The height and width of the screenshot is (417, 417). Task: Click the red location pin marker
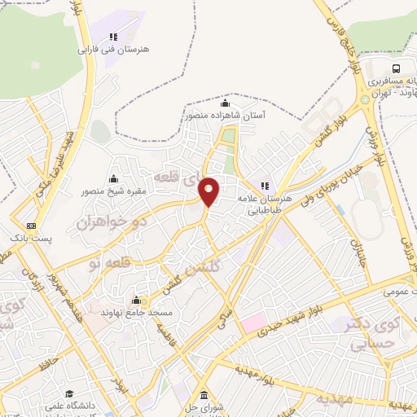point(209,191)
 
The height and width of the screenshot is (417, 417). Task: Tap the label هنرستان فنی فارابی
point(114,50)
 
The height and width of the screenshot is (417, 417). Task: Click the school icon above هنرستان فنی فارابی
point(114,36)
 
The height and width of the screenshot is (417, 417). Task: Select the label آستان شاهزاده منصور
point(225,116)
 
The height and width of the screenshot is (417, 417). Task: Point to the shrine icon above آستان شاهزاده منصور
point(226,103)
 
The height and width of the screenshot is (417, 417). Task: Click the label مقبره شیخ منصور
point(112,192)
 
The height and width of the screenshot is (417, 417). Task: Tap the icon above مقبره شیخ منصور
point(113,179)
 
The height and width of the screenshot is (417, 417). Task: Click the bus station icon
point(396,68)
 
